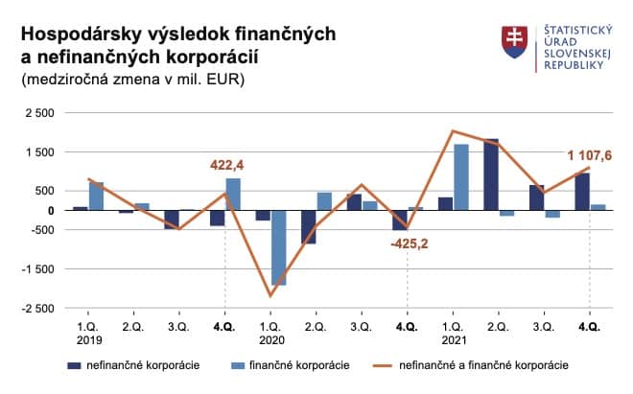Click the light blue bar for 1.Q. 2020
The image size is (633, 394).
[x=278, y=247]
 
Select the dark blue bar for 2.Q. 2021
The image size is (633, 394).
[x=491, y=174]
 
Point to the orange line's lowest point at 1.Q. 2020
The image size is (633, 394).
[x=270, y=295]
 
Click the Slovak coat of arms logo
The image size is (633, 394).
[x=514, y=39]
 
